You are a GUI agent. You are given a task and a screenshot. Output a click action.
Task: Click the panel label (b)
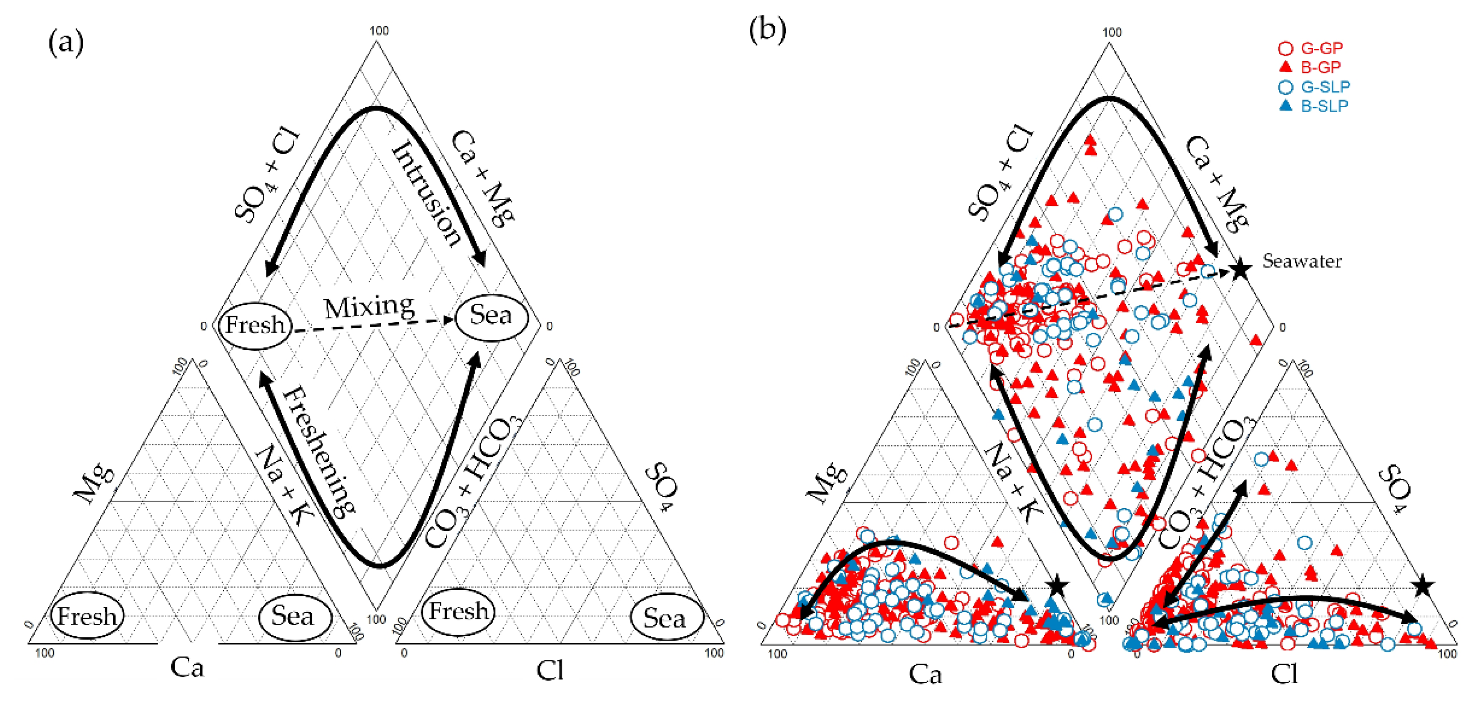tap(768, 29)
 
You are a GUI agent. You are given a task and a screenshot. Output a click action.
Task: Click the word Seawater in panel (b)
tap(1301, 262)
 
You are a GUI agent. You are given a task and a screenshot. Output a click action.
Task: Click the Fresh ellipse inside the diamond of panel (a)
tap(255, 325)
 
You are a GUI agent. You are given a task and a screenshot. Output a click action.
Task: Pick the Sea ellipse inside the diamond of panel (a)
tap(491, 316)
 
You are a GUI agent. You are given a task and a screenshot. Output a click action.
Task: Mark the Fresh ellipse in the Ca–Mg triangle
tap(87, 616)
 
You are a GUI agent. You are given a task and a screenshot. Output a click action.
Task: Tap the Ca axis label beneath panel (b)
tap(925, 674)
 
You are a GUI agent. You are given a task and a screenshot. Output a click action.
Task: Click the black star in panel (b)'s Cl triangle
tap(1423, 587)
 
